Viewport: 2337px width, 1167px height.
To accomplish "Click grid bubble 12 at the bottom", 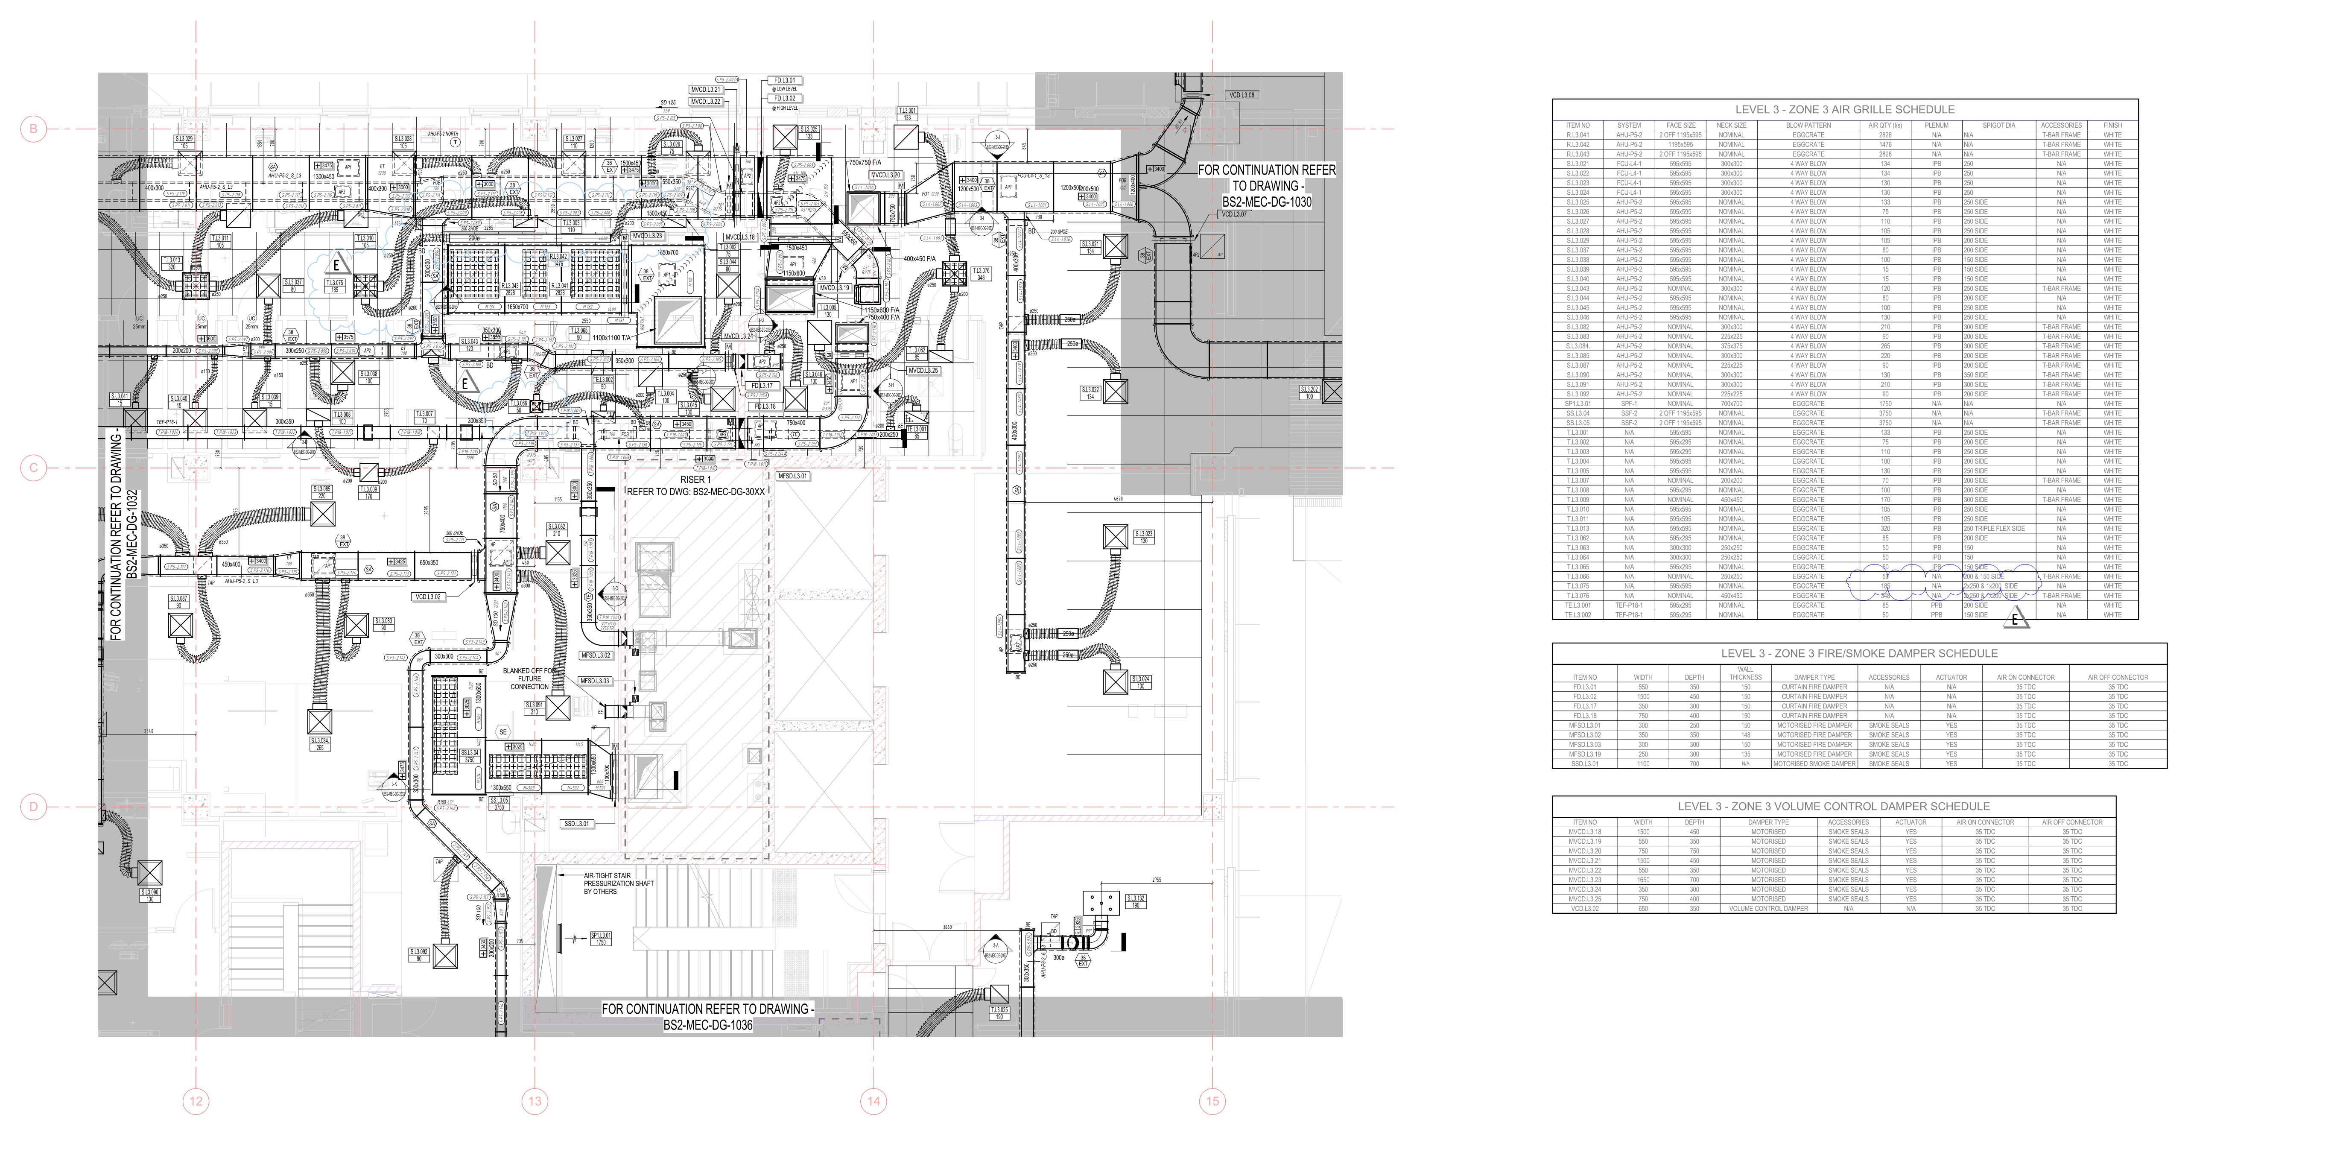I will (x=196, y=1102).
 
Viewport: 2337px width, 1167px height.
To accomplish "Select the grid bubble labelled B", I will (x=34, y=129).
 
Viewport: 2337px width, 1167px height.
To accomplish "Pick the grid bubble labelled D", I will (x=34, y=807).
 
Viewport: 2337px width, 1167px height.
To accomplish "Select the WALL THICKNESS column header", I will (x=1744, y=673).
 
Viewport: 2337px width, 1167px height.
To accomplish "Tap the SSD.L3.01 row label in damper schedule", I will (x=1585, y=764).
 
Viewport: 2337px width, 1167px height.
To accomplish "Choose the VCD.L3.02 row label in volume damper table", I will (x=1585, y=908).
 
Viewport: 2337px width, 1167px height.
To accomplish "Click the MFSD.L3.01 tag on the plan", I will (x=792, y=476).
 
